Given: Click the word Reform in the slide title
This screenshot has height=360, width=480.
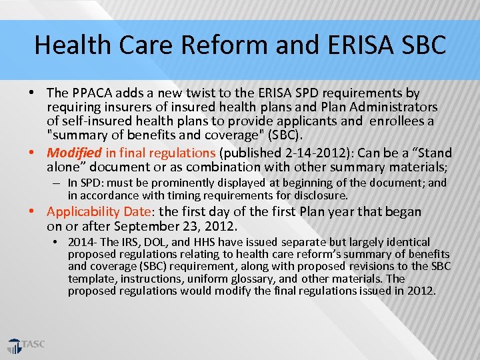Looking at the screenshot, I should click(x=213, y=45).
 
